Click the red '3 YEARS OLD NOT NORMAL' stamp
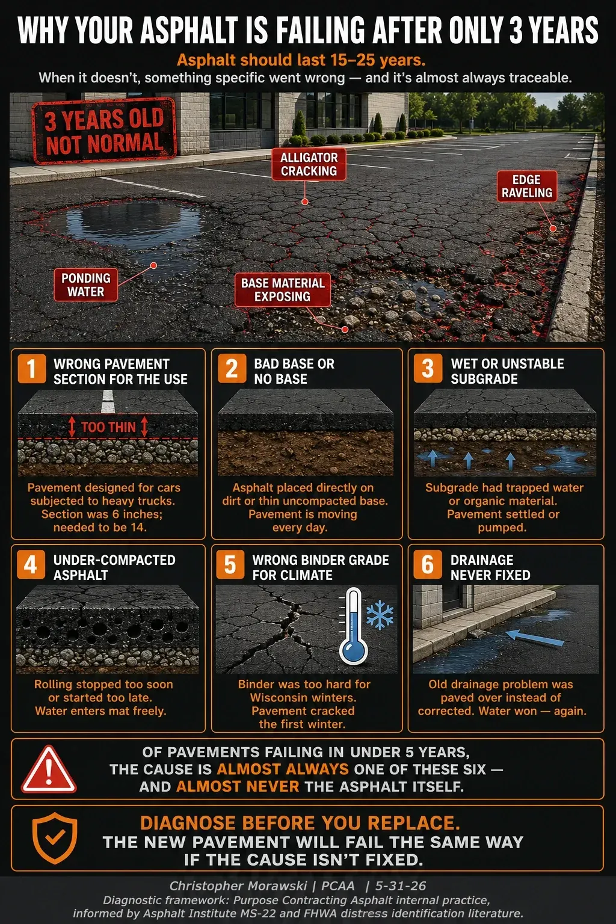(x=105, y=131)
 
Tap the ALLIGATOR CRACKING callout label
(x=309, y=165)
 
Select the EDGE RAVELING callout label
(x=527, y=186)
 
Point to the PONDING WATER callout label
(x=86, y=285)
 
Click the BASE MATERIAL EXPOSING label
(x=283, y=289)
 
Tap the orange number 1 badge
(x=31, y=369)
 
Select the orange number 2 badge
(x=232, y=368)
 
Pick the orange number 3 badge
(x=428, y=368)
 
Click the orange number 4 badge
(x=31, y=565)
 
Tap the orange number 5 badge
(x=230, y=565)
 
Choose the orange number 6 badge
(x=428, y=565)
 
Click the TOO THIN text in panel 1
(x=108, y=427)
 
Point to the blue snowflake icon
(x=380, y=615)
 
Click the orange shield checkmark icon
(x=55, y=838)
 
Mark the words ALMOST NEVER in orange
(x=238, y=786)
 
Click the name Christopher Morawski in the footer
(x=238, y=885)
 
